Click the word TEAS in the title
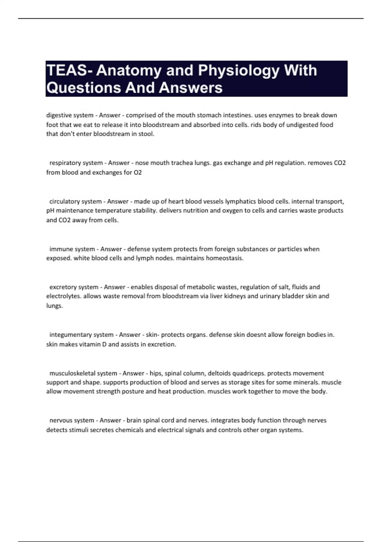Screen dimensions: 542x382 [x=67, y=70]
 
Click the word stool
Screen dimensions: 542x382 [x=146, y=134]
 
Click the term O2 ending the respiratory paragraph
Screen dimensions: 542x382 [x=138, y=172]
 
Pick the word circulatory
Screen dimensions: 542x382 [x=64, y=201]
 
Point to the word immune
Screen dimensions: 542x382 [x=59, y=249]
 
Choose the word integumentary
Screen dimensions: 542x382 [x=70, y=335]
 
